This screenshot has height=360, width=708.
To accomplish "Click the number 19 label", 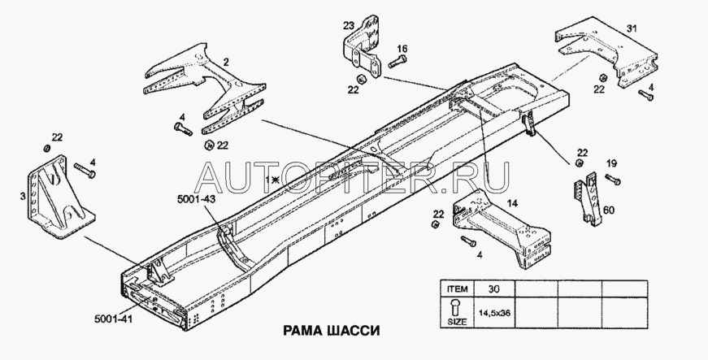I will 611,163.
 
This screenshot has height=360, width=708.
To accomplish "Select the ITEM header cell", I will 452,288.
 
